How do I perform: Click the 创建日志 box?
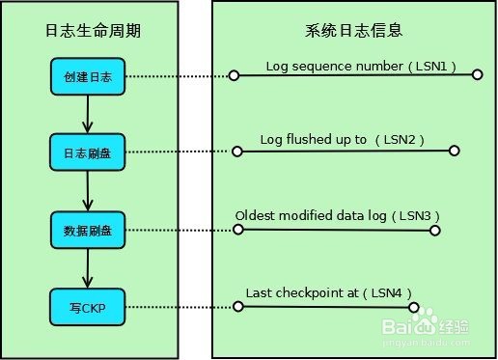click(x=88, y=76)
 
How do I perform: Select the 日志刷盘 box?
click(x=88, y=152)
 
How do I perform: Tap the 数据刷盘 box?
click(x=88, y=230)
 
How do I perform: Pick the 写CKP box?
click(x=88, y=308)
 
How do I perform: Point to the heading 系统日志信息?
click(x=353, y=30)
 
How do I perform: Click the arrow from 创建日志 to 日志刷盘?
click(x=88, y=115)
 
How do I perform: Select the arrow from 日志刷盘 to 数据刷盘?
click(x=88, y=191)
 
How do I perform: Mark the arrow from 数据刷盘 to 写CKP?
click(x=88, y=269)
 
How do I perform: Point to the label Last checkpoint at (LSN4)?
click(x=329, y=291)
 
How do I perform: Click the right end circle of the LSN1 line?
click(x=477, y=74)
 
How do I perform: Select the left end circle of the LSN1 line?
click(x=234, y=74)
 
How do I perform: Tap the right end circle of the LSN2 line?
click(x=455, y=151)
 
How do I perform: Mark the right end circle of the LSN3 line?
click(x=435, y=230)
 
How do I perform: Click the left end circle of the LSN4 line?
click(x=235, y=308)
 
